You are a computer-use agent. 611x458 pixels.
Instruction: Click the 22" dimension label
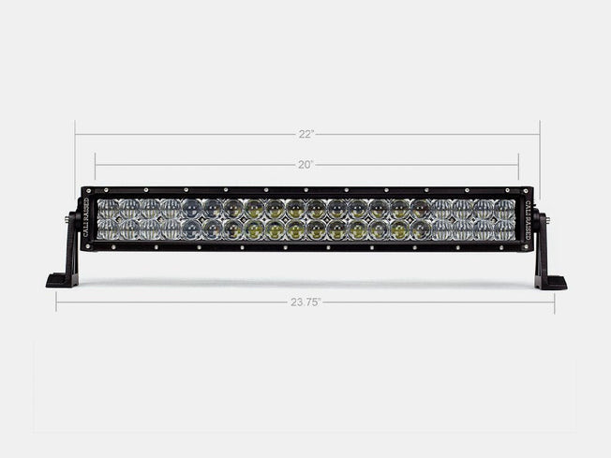tap(306, 134)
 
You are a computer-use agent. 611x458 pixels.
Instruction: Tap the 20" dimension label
tap(306, 165)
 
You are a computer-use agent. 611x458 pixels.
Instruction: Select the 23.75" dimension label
tap(305, 303)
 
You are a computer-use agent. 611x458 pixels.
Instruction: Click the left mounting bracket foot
tap(61, 281)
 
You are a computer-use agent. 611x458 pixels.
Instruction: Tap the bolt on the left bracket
tap(67, 218)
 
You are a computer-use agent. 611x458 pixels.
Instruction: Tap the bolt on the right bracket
tap(545, 218)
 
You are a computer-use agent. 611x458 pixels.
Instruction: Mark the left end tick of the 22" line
tap(75, 134)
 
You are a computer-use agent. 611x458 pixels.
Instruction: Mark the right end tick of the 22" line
tap(539, 134)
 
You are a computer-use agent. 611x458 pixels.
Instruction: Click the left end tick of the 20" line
tap(95, 165)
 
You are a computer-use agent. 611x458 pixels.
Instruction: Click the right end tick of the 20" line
tap(518, 165)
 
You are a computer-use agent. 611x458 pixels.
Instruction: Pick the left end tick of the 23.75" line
tap(55, 303)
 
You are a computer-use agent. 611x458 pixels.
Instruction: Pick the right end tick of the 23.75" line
tap(554, 303)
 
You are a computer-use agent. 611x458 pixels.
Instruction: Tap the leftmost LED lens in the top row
tap(108, 208)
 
